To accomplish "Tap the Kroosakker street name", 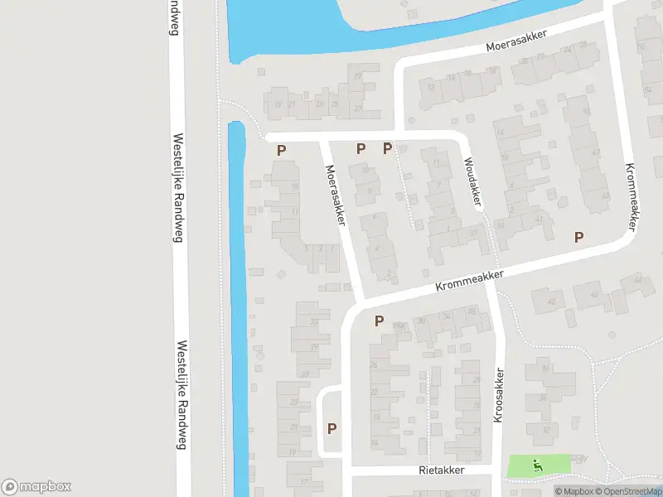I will (499, 396).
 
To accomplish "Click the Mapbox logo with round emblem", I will (36, 487).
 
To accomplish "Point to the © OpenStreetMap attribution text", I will (628, 491).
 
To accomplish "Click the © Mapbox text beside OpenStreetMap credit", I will (573, 491).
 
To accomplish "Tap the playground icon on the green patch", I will (537, 465).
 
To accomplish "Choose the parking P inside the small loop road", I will (332, 428).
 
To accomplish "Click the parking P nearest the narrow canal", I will (282, 150).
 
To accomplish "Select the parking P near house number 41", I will (579, 237).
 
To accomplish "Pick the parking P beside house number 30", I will (380, 321).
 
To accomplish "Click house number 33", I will (312, 321).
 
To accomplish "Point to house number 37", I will (473, 234).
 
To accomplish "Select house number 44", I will (637, 281).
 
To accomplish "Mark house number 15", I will (296, 186).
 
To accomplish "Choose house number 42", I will (594, 295).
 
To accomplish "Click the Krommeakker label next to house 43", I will (632, 197).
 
